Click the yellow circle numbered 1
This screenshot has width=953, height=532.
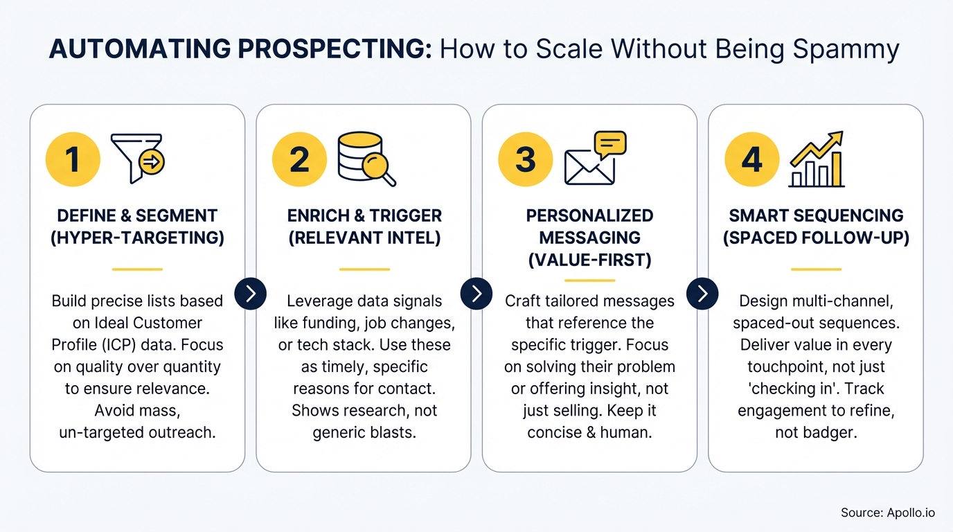(x=73, y=160)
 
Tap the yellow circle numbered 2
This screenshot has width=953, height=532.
(x=299, y=160)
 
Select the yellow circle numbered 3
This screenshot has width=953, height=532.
(x=525, y=160)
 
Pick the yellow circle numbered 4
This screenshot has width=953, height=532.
(x=751, y=160)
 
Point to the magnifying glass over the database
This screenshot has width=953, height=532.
(x=379, y=168)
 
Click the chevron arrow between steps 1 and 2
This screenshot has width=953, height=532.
(x=251, y=293)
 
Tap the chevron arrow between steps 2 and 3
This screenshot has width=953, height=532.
(x=476, y=293)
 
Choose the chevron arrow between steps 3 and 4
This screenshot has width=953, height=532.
(x=702, y=293)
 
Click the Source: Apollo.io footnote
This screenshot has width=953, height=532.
(x=888, y=513)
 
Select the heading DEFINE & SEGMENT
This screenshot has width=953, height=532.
(x=137, y=215)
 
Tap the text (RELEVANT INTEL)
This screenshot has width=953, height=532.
(x=364, y=238)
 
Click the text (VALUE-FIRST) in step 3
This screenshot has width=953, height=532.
(x=589, y=260)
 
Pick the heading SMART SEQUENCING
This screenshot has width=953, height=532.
(x=816, y=215)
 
